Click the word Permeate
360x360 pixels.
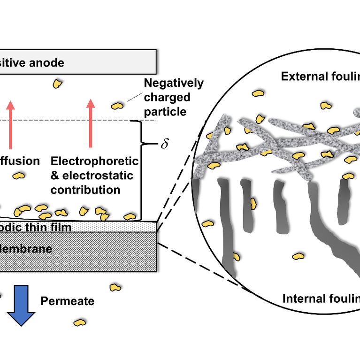pos(67,301)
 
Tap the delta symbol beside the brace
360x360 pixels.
pos(164,143)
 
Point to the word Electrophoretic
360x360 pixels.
pos(94,161)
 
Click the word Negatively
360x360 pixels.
pos(174,84)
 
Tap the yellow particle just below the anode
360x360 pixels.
pos(58,84)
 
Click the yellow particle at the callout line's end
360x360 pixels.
pos(117,106)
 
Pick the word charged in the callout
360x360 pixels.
pos(167,98)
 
